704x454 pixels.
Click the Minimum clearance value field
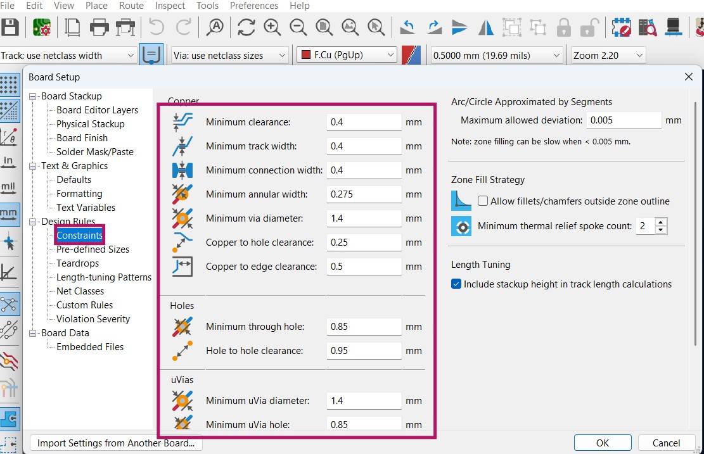tap(364, 122)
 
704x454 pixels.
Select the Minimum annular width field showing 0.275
tap(364, 194)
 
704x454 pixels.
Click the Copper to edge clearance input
tap(364, 267)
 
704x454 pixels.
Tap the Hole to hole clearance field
tap(364, 351)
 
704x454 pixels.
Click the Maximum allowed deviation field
tap(624, 120)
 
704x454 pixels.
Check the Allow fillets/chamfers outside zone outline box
tap(483, 201)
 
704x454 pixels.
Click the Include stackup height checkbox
tap(456, 284)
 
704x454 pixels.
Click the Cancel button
tap(666, 443)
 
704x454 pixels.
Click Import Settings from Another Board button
tap(116, 443)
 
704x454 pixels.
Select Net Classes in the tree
tap(80, 291)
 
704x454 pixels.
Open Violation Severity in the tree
tap(93, 319)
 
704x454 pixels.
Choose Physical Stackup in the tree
tap(90, 124)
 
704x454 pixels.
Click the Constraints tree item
tap(79, 235)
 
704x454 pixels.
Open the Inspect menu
tap(170, 6)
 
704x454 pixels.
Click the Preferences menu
tap(253, 6)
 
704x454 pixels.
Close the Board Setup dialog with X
tap(689, 77)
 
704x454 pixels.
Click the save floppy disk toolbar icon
tap(10, 27)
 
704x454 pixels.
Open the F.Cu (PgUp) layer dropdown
tap(347, 55)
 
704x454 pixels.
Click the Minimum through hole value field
tap(364, 327)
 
